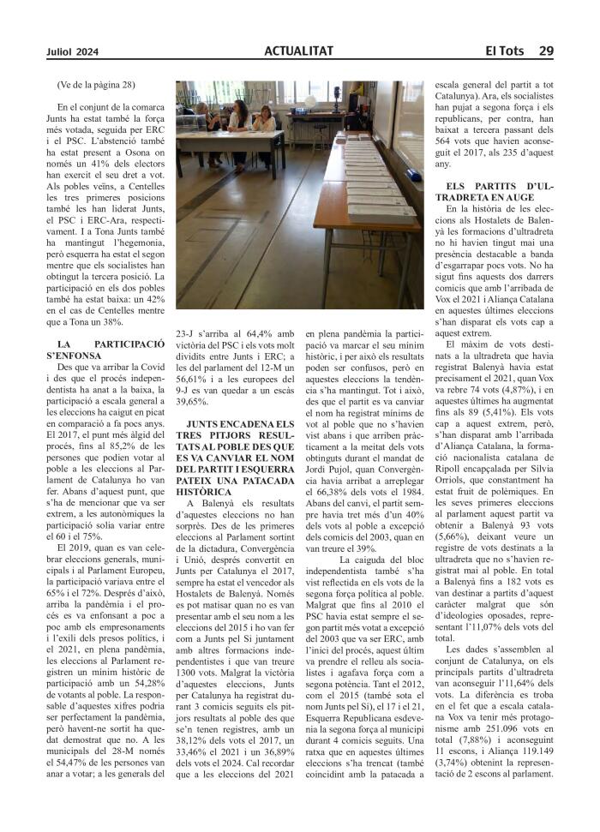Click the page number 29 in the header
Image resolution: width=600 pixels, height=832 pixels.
pyautogui.click(x=546, y=51)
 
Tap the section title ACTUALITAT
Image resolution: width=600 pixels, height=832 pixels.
pyautogui.click(x=298, y=51)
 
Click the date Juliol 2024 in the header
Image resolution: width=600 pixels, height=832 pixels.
pyautogui.click(x=73, y=51)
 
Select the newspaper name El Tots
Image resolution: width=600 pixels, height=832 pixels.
pyautogui.click(x=505, y=51)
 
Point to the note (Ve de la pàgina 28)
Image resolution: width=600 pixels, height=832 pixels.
pyautogui.click(x=96, y=85)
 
